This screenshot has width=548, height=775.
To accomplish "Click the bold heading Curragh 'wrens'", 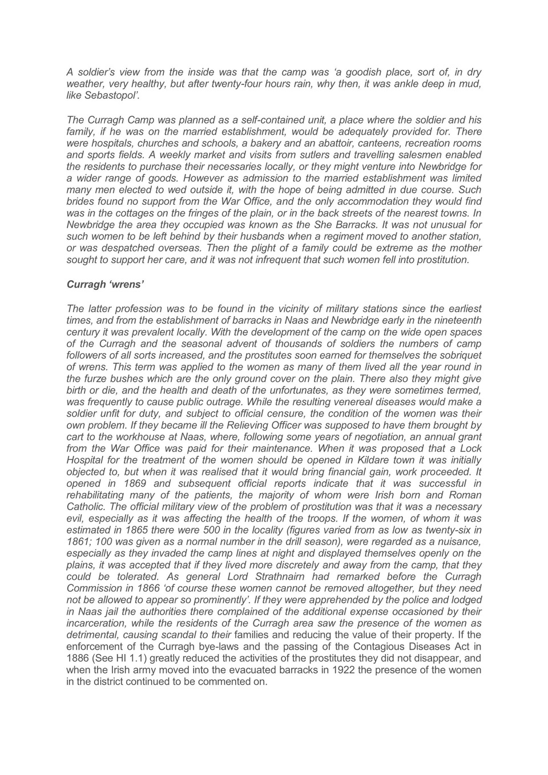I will click(105, 284).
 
